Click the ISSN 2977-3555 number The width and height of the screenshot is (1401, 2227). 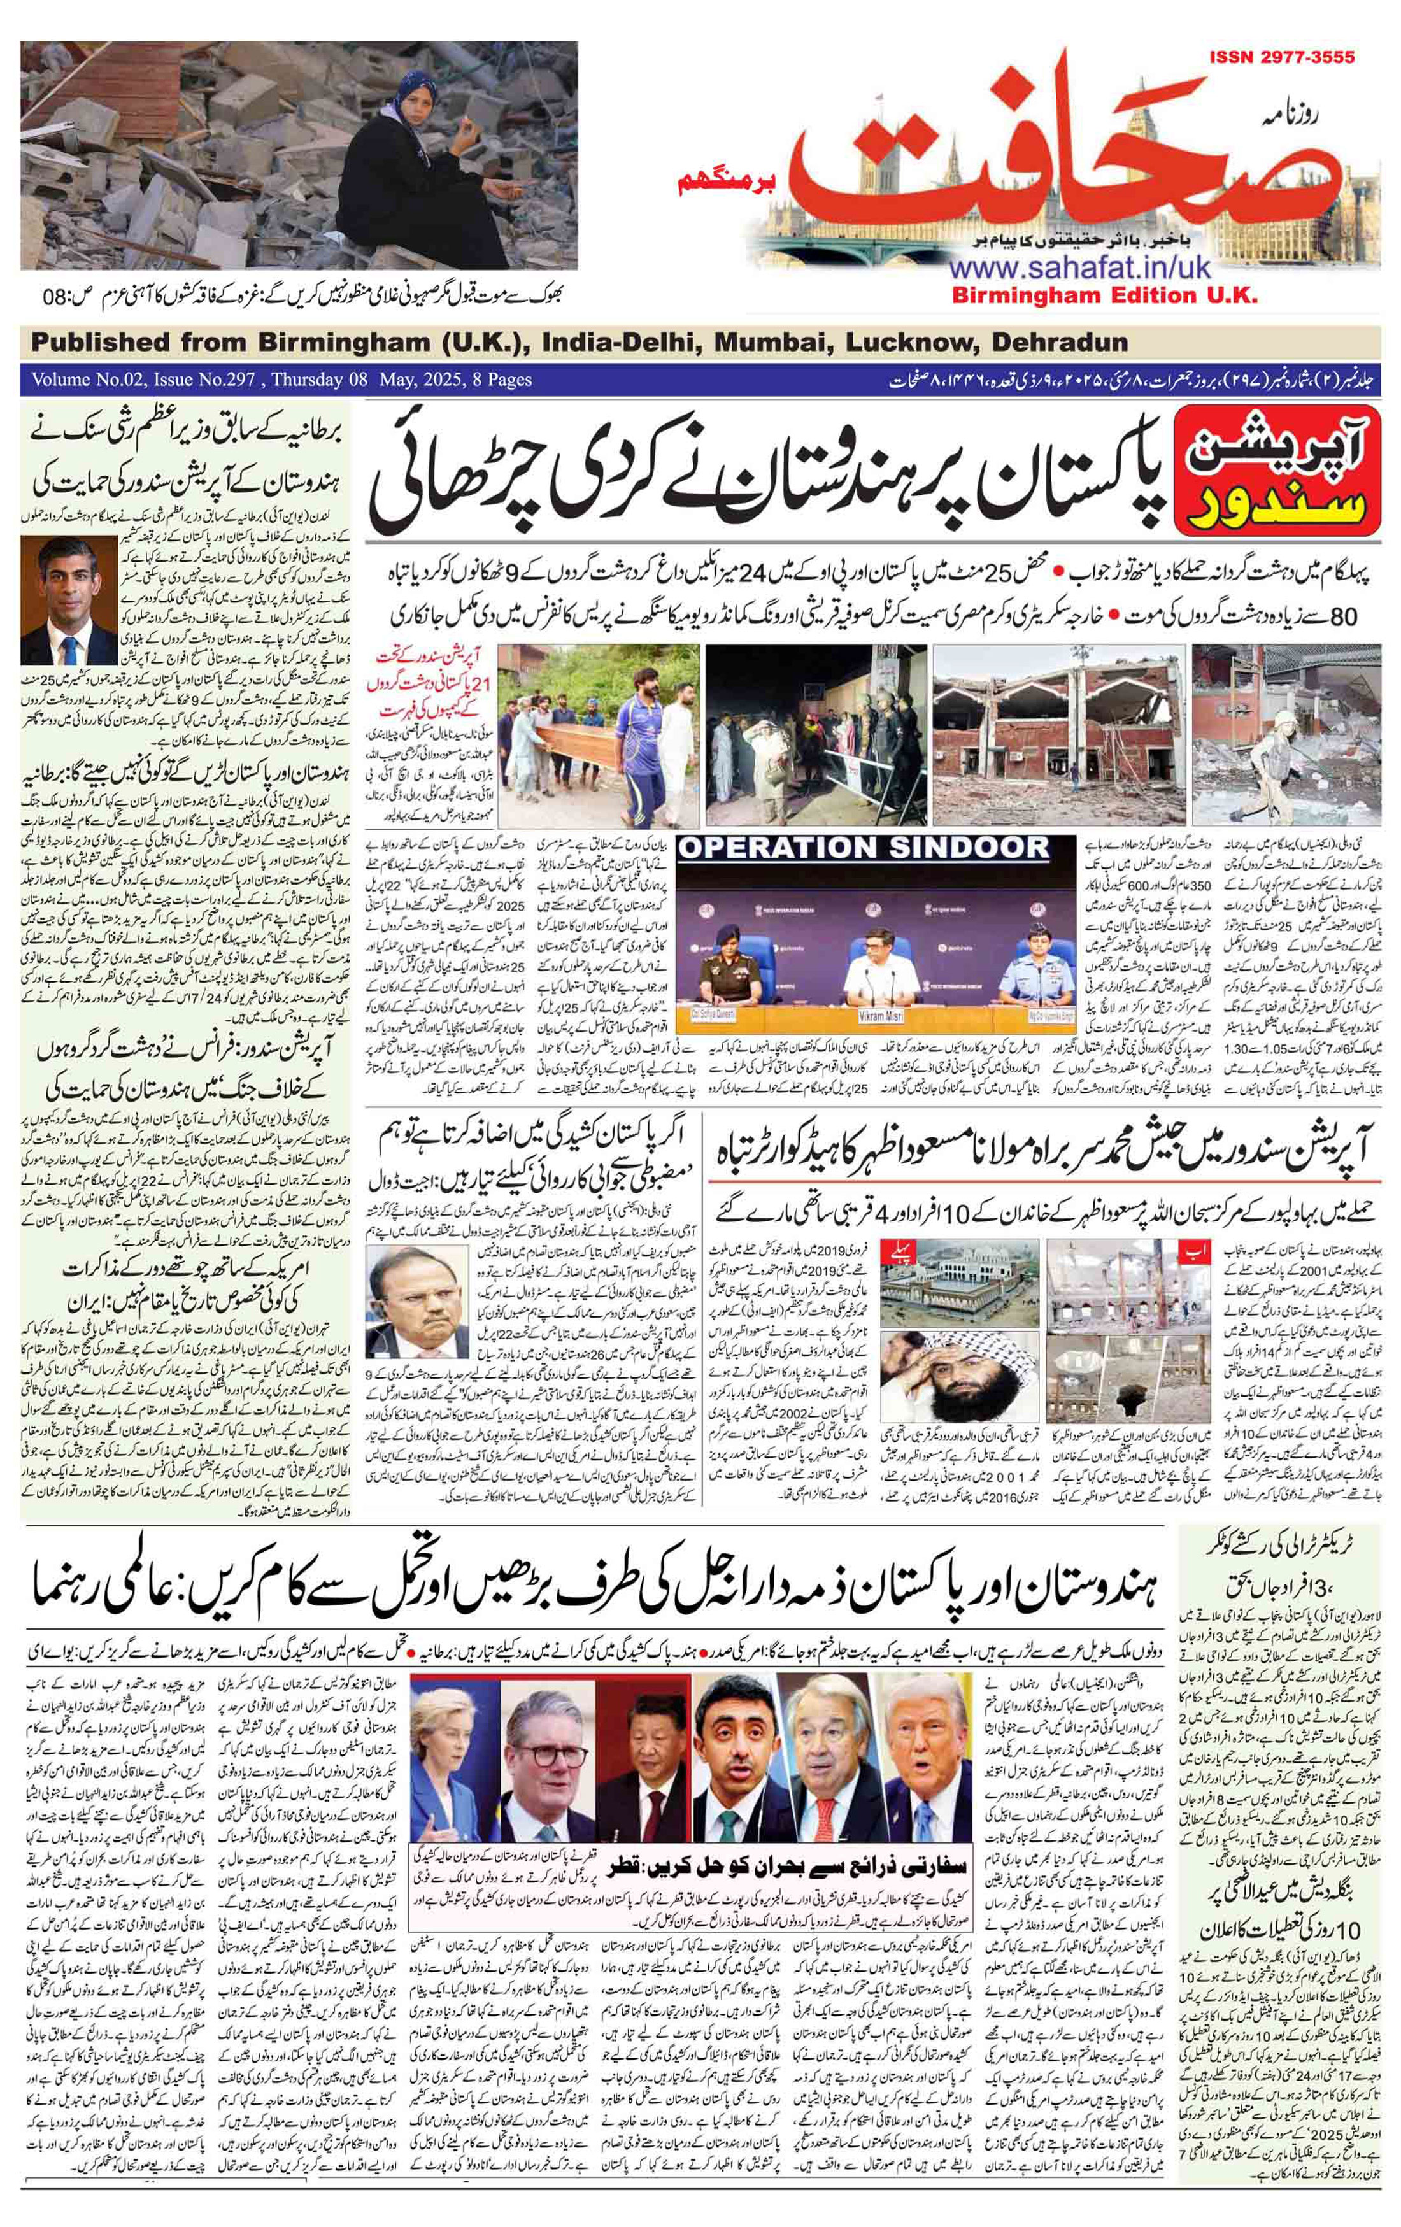(1281, 57)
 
